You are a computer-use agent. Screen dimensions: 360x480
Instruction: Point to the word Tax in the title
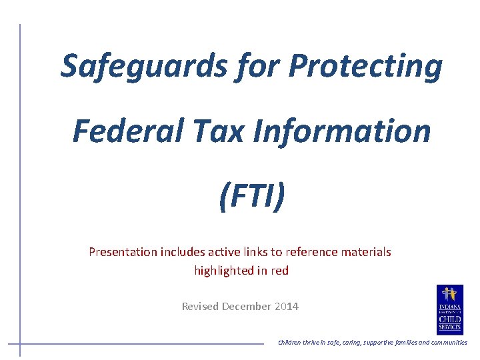click(225, 131)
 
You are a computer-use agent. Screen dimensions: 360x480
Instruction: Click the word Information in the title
click(342, 131)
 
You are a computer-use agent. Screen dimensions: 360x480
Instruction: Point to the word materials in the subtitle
click(366, 252)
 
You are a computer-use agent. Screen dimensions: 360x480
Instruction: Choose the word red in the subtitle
click(279, 271)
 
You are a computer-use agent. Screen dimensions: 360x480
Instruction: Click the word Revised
click(200, 307)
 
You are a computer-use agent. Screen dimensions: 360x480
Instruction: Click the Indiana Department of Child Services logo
click(449, 309)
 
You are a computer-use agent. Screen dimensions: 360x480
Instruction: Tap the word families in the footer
click(398, 343)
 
